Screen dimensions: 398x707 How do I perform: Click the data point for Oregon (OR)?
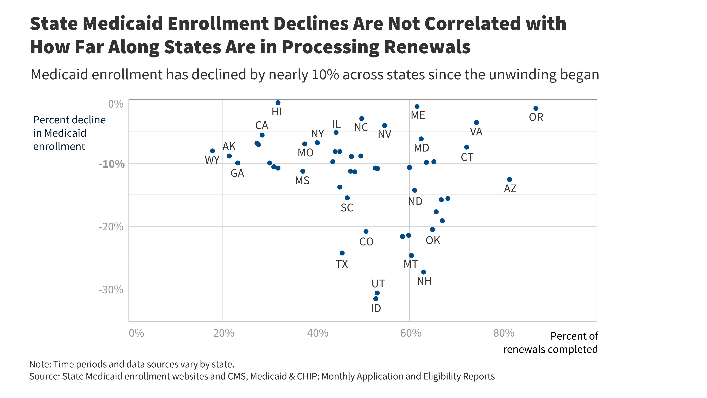[536, 109]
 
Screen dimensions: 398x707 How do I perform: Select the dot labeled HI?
[278, 103]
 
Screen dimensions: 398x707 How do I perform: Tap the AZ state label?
[510, 189]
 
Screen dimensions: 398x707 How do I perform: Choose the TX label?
[342, 264]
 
